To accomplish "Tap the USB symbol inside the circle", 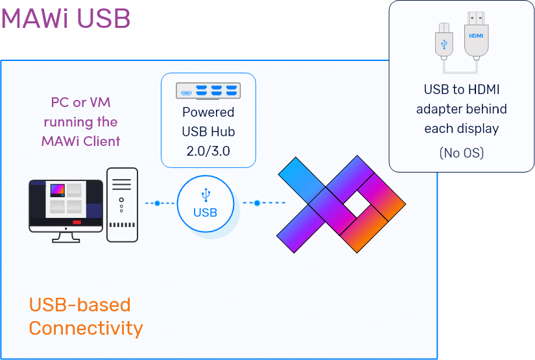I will click(206, 194).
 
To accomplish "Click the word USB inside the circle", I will click(205, 212).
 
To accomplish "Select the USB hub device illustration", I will click(208, 91).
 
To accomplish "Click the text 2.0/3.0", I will click(208, 151).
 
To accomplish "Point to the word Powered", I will click(208, 112).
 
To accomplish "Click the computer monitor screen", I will click(66, 200).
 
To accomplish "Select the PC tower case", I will click(122, 204).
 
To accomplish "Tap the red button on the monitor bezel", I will click(77, 222).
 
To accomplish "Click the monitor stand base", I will click(66, 239).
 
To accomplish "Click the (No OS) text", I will click(461, 153).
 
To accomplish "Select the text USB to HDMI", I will click(461, 89).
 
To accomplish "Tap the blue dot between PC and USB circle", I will click(156, 204).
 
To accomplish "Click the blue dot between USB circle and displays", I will click(257, 203).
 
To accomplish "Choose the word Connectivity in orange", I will click(86, 328).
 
